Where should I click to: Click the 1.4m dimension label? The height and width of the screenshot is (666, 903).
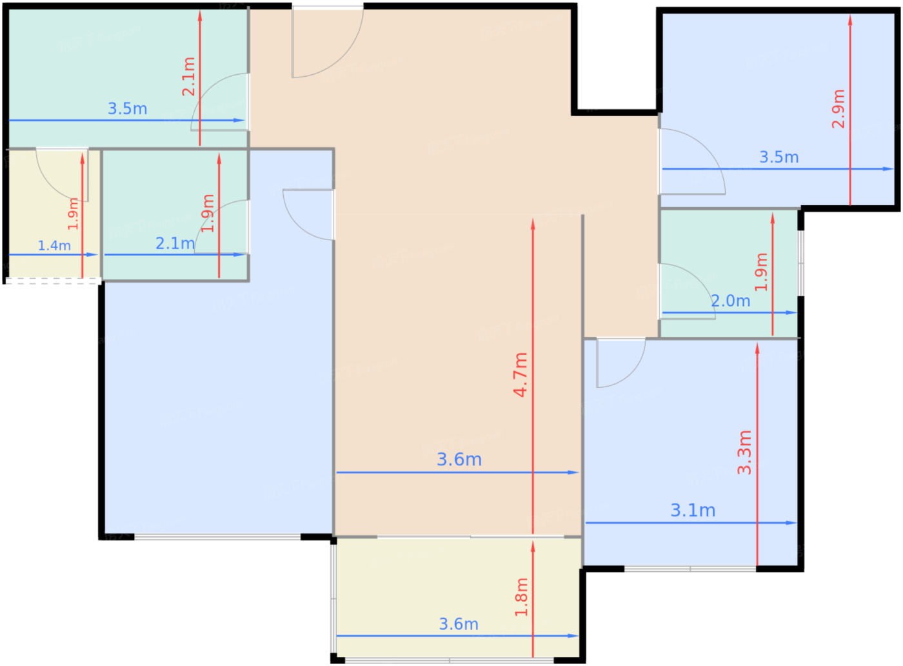54,246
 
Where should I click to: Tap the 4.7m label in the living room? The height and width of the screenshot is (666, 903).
521,375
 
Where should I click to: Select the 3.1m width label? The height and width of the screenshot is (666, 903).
693,510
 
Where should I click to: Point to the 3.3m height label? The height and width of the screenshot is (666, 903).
744,452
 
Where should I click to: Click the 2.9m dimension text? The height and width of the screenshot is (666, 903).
838,109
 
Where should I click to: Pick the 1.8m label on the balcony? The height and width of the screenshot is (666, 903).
521,597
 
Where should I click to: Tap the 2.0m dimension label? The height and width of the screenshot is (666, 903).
730,301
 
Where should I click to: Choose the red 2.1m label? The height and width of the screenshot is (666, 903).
188,77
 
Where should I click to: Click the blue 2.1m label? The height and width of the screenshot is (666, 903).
175,243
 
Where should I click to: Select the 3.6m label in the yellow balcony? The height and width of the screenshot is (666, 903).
459,624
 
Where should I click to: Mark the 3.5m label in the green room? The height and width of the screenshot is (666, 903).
128,108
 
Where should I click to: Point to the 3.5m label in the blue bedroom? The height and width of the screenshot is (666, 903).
779,157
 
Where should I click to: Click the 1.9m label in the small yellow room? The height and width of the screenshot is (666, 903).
73,214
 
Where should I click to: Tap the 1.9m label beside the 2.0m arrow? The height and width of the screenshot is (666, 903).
760,272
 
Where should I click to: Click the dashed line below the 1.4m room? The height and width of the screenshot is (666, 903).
53,281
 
